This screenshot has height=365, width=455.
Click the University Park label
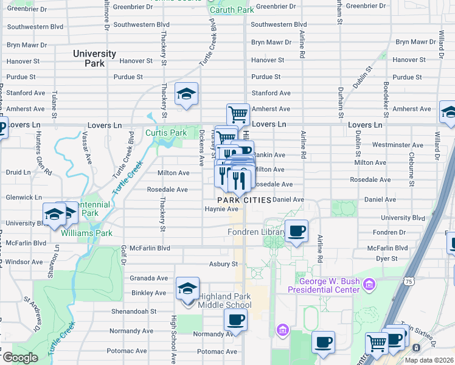(x=94, y=58)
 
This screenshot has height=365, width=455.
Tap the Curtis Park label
(x=165, y=133)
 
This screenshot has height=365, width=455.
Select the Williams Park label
(x=95, y=232)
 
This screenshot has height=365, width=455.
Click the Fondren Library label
(x=256, y=232)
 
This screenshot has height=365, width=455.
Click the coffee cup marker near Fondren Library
(x=296, y=231)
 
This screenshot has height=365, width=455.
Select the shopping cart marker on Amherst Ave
(x=238, y=114)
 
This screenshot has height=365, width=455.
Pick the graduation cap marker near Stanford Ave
(x=186, y=94)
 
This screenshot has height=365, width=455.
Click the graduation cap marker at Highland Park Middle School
(x=187, y=288)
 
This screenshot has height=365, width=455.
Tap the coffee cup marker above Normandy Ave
(x=235, y=319)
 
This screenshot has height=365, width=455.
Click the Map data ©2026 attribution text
(x=429, y=360)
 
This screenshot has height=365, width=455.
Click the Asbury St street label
(x=223, y=264)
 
